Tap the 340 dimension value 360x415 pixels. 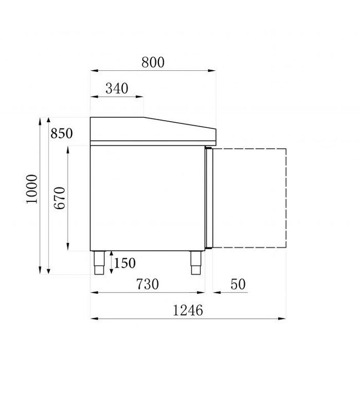[116, 88]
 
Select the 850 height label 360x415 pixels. [61, 133]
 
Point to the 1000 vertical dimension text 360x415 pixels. [32, 189]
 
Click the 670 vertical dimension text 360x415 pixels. [60, 198]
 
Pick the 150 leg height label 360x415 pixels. [125, 263]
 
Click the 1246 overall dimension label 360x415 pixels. [187, 310]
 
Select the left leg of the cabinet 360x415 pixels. [100, 263]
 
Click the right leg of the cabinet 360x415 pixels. [196, 263]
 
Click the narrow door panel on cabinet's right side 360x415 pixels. [208, 197]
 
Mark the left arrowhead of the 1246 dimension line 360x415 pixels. [94, 319]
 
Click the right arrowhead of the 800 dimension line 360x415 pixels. [213, 70]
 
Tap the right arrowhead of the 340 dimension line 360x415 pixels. [141, 97]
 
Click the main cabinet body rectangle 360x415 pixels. [147, 197]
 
